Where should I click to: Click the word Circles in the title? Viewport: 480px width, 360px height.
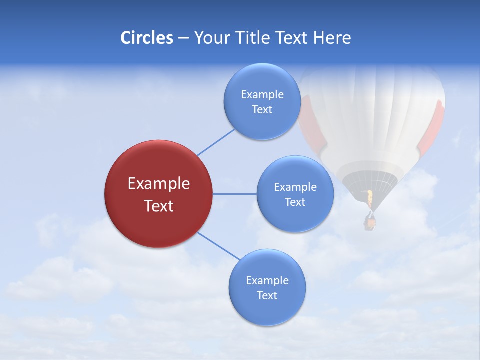[x=146, y=38]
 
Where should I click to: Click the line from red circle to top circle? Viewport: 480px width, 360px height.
[x=216, y=142]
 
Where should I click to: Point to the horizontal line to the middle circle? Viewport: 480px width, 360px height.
[x=235, y=194]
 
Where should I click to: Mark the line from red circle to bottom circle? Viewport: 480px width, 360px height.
[x=218, y=246]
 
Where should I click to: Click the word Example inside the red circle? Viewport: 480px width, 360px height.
[x=158, y=184]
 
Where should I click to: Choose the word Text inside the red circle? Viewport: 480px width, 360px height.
[x=158, y=206]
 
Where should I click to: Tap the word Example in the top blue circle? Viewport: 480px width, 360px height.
[x=262, y=95]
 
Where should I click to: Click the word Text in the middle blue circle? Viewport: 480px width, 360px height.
[x=295, y=202]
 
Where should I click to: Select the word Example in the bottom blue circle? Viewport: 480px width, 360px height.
[x=267, y=281]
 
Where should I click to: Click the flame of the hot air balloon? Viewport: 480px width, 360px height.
[x=370, y=198]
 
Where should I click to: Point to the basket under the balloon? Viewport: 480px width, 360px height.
[x=369, y=221]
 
